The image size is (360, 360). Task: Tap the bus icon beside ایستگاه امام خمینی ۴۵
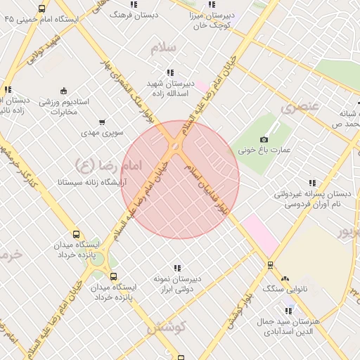42,9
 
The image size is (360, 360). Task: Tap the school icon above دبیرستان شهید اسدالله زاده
170,72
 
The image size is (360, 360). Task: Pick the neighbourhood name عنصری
300,107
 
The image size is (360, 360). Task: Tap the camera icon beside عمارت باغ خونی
264,139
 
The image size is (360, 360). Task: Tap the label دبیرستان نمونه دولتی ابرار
177,283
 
